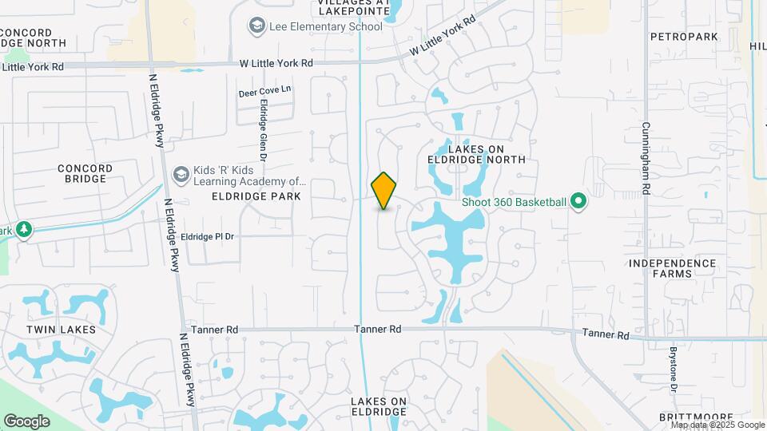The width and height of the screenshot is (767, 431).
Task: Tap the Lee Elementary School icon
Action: pos(256,26)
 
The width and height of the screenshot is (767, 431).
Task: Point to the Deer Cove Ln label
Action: pos(264,93)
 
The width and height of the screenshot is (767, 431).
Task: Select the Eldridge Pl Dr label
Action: pos(207,236)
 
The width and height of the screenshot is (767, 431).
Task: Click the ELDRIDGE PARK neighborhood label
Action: pos(256,196)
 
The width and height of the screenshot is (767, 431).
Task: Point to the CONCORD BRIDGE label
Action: pos(82,173)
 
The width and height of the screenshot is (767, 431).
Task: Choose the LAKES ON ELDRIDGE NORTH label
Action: pos(487,154)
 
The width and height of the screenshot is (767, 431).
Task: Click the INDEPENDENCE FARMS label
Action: pos(672,268)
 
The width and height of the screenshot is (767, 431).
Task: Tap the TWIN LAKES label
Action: pos(61,329)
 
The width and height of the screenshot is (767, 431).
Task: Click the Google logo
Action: pos(26,421)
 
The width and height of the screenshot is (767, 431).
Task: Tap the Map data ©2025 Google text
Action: pos(717,425)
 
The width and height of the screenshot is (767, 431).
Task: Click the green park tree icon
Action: pos(24,230)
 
